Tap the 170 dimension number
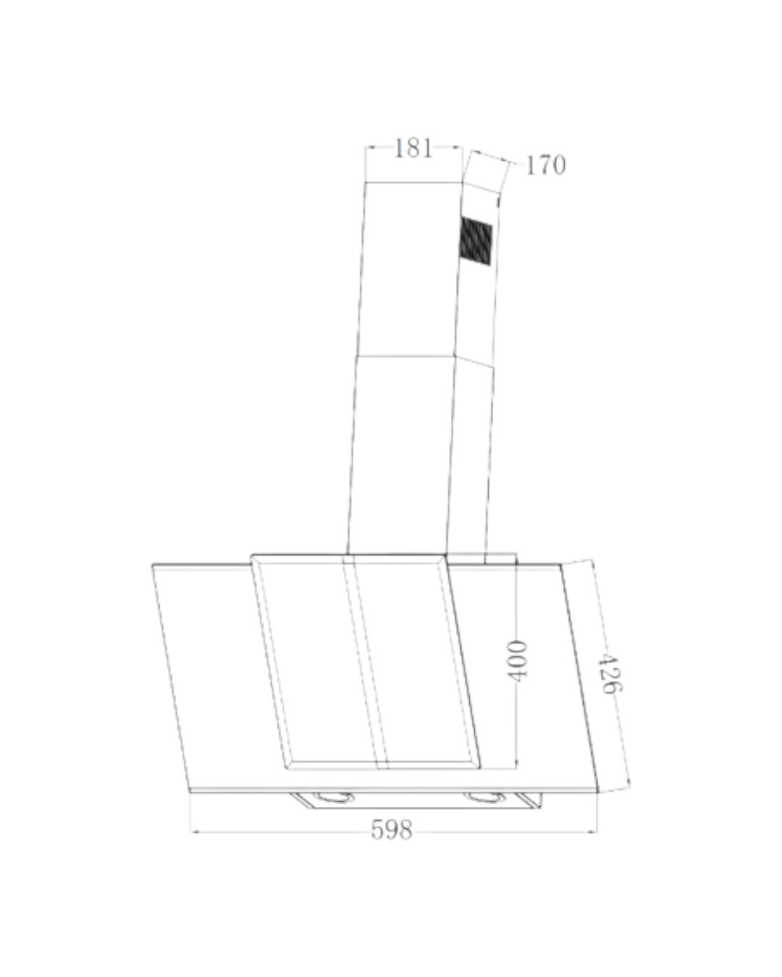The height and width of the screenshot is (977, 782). point(545,165)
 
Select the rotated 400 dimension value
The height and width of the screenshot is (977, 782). point(516,660)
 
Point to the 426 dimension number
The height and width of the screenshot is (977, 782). point(610,673)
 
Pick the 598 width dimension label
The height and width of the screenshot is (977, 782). point(392,829)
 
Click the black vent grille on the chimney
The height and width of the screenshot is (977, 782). point(475,241)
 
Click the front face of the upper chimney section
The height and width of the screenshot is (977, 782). point(410,268)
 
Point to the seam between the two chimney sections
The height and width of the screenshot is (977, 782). point(405,355)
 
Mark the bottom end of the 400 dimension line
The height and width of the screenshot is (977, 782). point(516,767)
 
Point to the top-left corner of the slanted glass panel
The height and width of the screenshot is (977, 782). point(153,565)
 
